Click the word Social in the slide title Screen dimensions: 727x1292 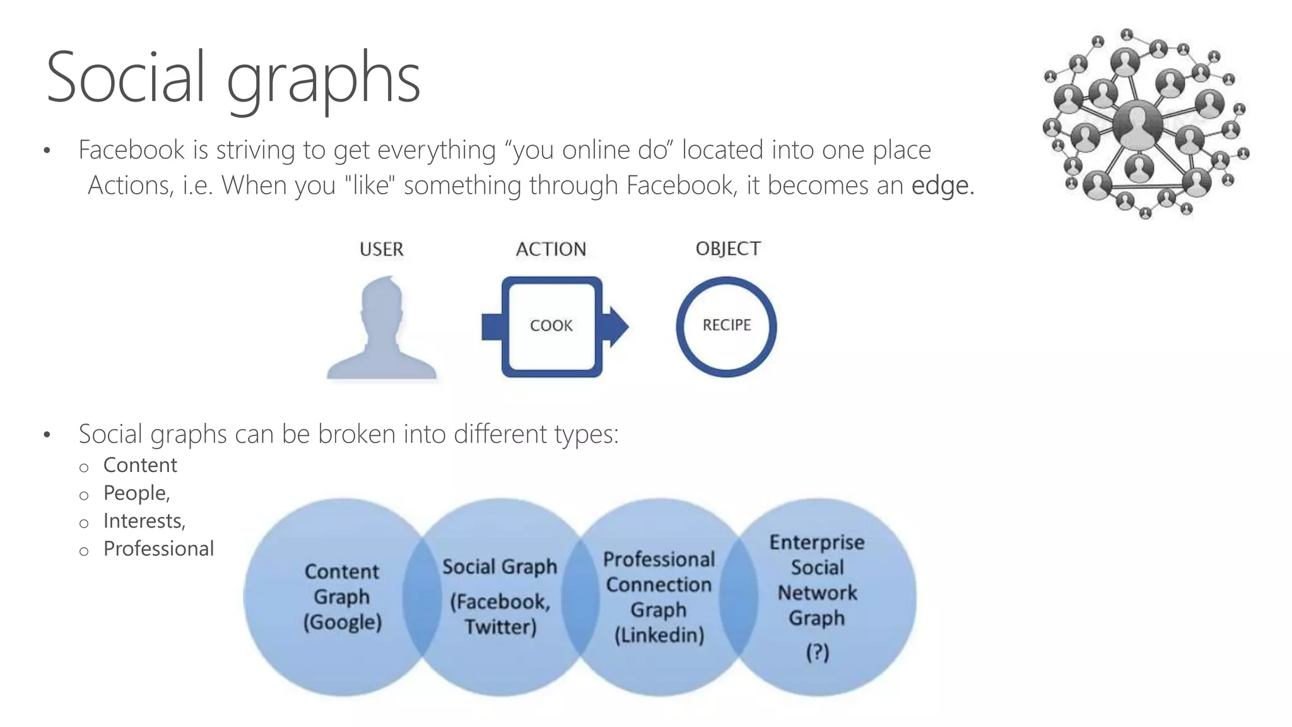click(126, 78)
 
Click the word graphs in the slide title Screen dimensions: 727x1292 click(323, 81)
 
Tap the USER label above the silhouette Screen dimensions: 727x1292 click(381, 249)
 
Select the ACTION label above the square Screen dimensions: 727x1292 click(551, 249)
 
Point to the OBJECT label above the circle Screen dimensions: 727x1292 click(728, 249)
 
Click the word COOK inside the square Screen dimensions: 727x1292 click(551, 326)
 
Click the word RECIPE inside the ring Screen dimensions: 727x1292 click(727, 325)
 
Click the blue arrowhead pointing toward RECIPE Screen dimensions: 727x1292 click(617, 326)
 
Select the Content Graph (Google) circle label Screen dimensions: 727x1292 click(342, 596)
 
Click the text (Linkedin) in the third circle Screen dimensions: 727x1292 click(659, 635)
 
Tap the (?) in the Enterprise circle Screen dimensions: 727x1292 click(817, 652)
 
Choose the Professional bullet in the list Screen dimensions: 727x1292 click(158, 548)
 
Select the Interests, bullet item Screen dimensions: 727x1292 click(144, 521)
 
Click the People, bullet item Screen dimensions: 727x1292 click(136, 493)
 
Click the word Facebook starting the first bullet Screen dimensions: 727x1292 click(131, 150)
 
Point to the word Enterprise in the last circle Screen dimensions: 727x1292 click(817, 542)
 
